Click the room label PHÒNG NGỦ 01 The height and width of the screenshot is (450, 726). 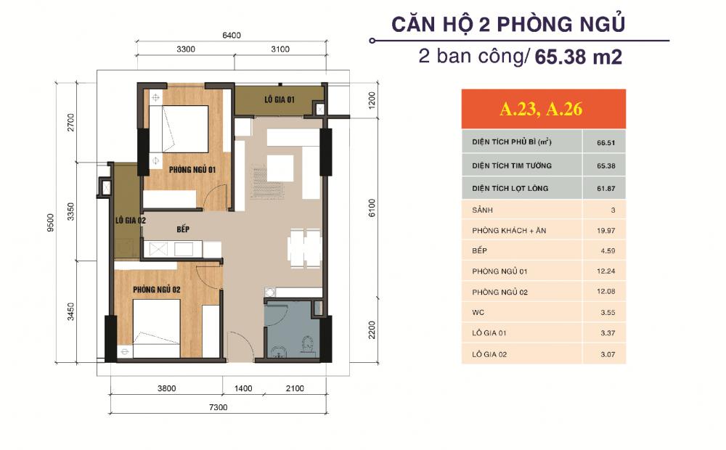coord(193,169)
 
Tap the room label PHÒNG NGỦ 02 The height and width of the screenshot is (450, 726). coord(156,290)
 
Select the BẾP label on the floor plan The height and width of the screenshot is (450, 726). coord(183,229)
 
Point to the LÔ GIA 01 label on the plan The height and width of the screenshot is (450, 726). coord(279,99)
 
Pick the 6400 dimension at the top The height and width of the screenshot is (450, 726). coord(231,36)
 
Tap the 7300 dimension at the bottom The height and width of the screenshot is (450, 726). coord(219,407)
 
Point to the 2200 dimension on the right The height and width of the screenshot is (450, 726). coord(372,332)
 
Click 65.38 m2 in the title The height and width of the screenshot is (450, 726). coord(578,57)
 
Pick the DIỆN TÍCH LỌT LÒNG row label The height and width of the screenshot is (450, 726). coord(510,188)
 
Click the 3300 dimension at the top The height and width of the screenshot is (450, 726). coord(186,49)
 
